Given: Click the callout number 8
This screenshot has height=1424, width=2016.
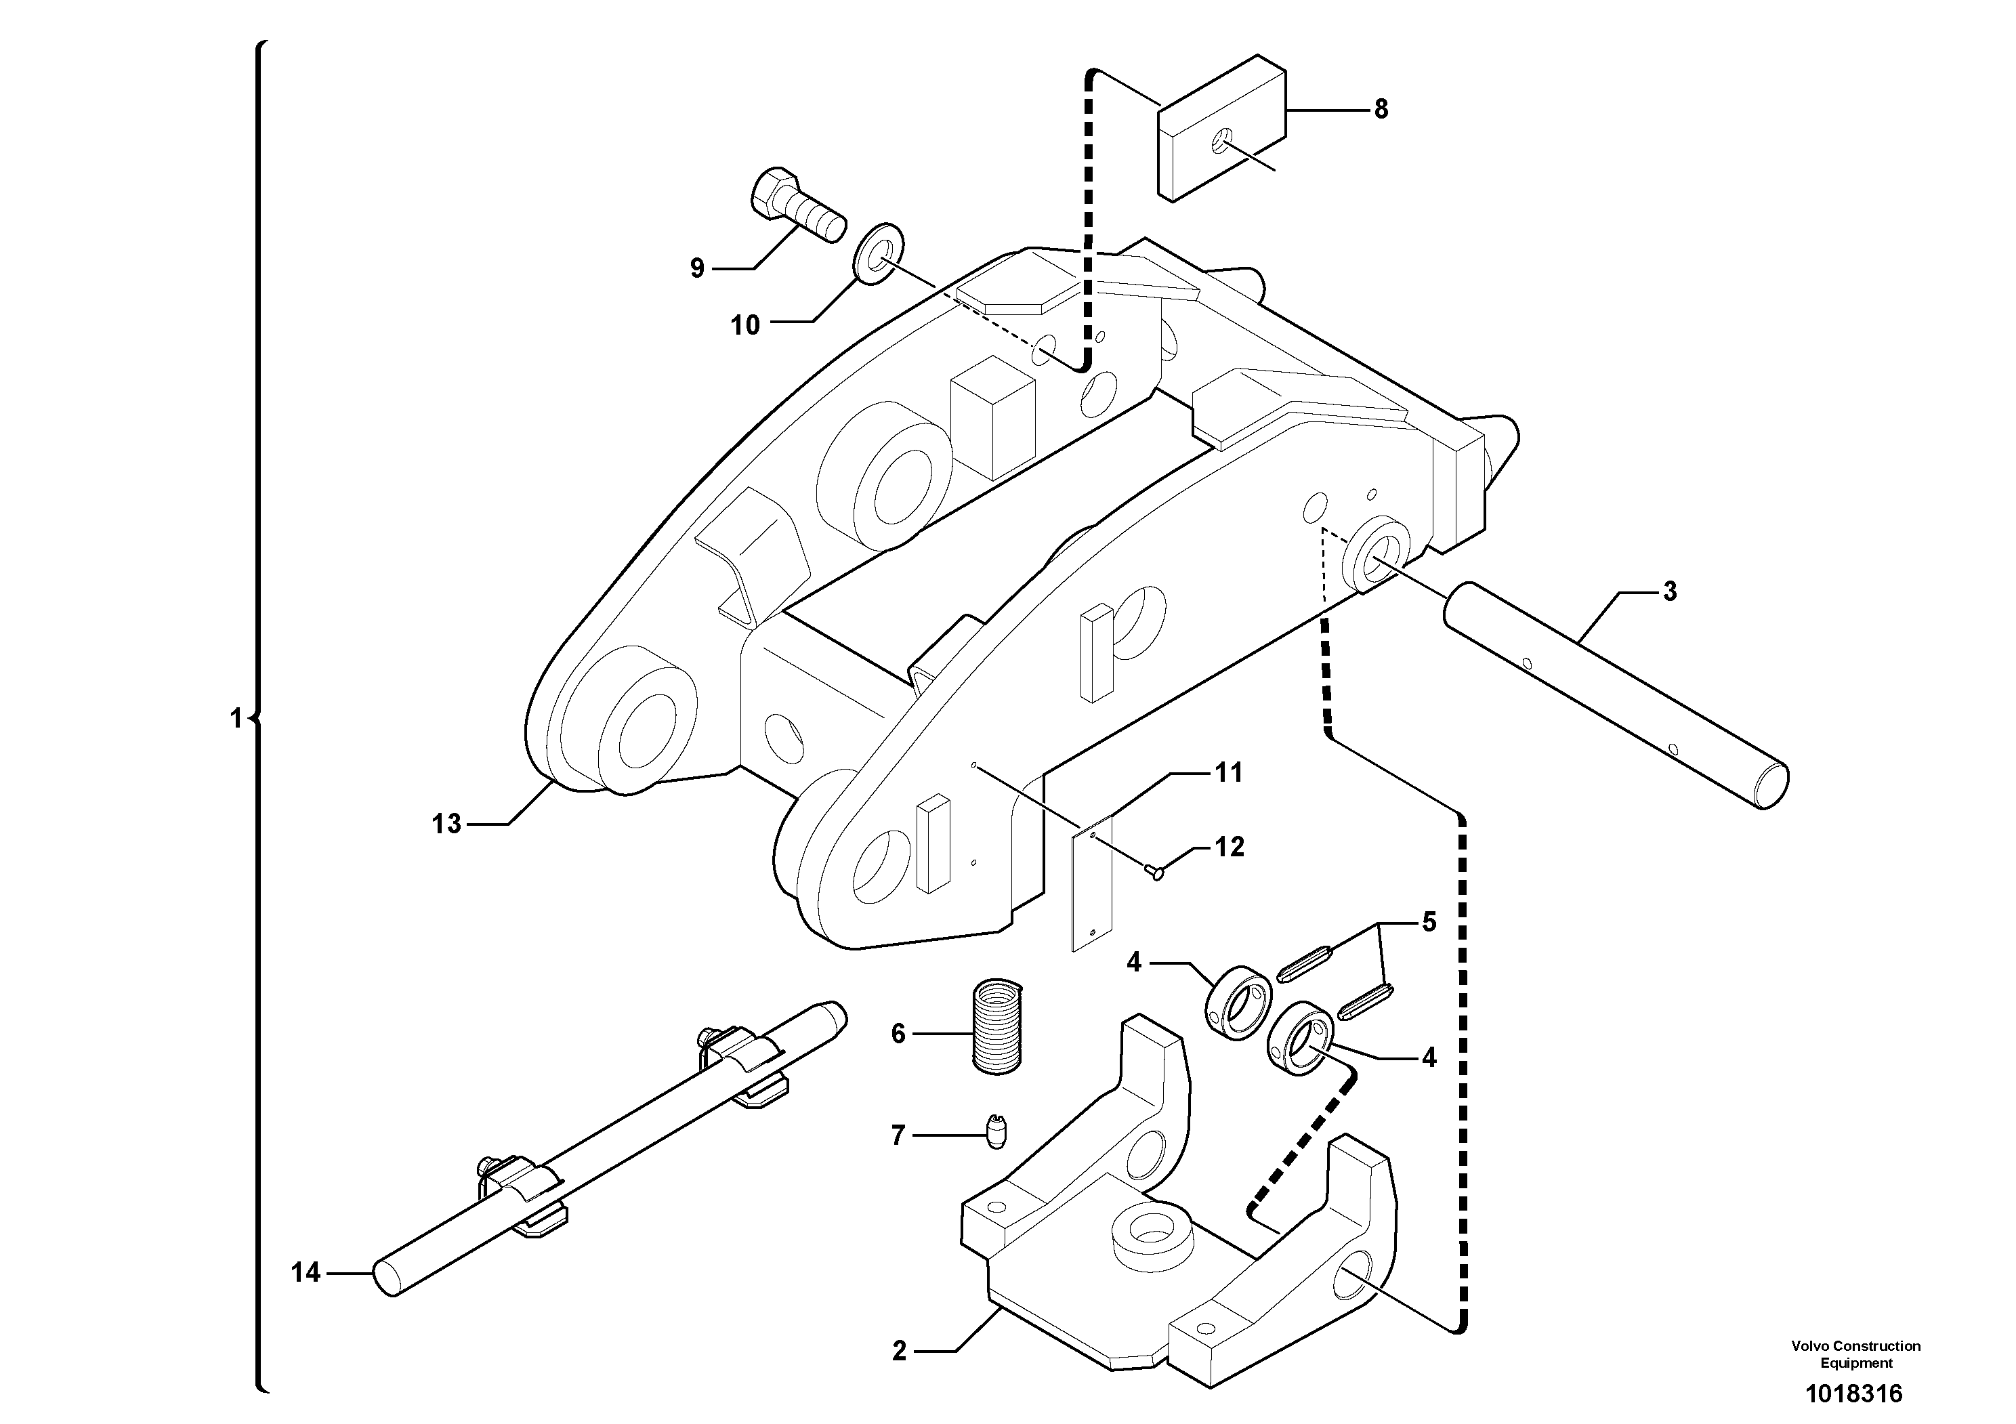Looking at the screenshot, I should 1381,110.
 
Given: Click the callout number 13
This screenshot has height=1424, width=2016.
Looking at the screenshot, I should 446,824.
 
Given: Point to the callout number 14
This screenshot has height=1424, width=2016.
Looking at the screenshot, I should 306,1272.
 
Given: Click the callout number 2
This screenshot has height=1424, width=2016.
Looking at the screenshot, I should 899,1351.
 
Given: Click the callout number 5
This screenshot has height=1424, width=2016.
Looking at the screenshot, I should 1429,922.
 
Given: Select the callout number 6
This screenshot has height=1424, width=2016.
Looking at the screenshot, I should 898,1034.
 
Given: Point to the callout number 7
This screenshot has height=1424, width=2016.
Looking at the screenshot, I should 898,1136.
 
